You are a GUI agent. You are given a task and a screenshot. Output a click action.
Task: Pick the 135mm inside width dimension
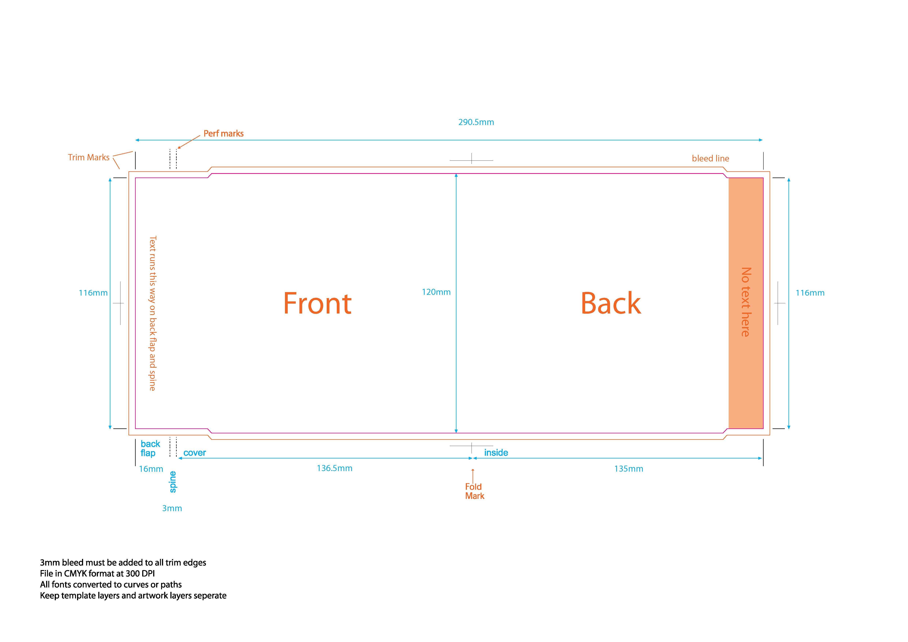tap(628, 469)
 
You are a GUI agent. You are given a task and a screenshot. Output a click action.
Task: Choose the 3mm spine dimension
tap(172, 508)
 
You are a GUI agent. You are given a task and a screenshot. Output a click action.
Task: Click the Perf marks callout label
tap(223, 134)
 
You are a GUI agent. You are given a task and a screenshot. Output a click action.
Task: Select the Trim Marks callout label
tap(89, 157)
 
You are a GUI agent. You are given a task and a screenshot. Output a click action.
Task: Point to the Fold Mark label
tap(474, 491)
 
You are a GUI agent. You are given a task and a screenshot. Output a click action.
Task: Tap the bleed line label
tap(710, 158)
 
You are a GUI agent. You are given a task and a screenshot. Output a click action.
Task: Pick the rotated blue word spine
tap(173, 482)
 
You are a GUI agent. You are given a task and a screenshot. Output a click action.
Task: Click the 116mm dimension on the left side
tap(93, 293)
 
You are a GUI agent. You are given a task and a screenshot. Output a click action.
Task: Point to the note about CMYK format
tap(97, 574)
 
